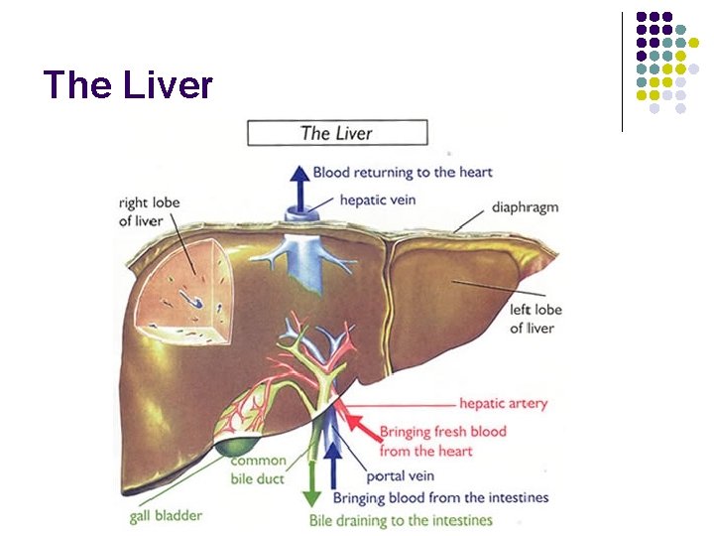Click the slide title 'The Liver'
(x=129, y=85)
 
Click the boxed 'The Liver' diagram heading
(x=337, y=132)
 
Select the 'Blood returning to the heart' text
(x=403, y=172)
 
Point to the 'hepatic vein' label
(x=377, y=200)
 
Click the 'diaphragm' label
(x=525, y=207)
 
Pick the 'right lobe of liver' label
(x=149, y=211)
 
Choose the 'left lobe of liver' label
(x=535, y=319)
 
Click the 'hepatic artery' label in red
(x=503, y=404)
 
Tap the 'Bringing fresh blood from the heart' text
(x=442, y=441)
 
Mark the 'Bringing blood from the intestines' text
(x=440, y=497)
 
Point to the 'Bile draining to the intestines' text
(x=401, y=520)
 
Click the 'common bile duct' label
(x=258, y=469)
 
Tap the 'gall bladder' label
(x=168, y=516)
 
